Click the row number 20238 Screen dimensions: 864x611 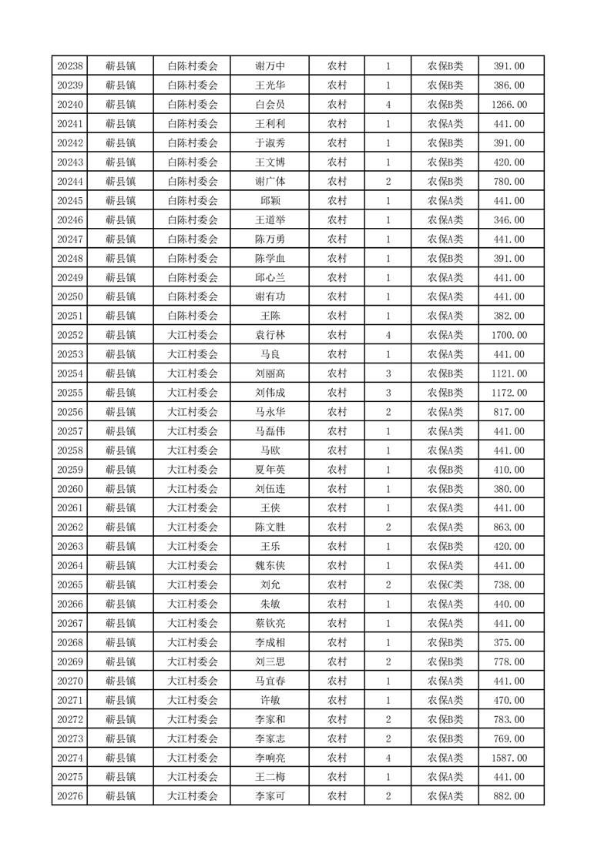(70, 66)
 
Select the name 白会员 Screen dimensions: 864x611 (270, 105)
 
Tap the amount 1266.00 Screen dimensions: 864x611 (509, 105)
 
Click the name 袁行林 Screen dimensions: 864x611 (270, 335)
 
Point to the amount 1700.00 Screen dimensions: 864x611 (509, 335)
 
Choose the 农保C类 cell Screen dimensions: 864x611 (445, 585)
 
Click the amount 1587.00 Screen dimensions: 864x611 (509, 758)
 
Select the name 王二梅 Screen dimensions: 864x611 (270, 777)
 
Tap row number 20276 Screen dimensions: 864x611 (70, 796)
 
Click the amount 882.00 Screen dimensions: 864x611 (509, 796)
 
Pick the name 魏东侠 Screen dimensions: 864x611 (270, 566)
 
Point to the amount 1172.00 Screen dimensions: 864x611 (509, 393)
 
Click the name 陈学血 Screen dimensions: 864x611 (270, 258)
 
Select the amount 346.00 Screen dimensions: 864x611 (509, 219)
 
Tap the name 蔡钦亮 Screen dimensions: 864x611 (270, 624)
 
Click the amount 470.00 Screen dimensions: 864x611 (509, 700)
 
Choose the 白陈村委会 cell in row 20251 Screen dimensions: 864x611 (193, 316)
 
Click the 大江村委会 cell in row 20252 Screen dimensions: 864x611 (193, 335)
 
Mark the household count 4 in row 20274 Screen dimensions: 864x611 (388, 758)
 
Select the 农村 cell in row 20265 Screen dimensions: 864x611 (337, 585)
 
